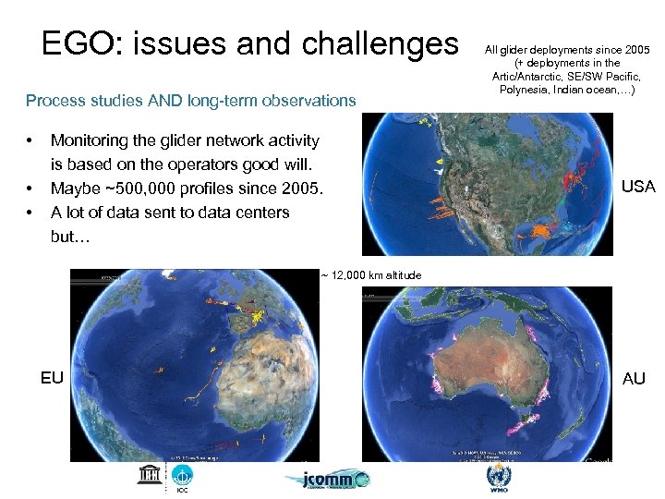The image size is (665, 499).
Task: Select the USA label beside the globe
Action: coord(638,187)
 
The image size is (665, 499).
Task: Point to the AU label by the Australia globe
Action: coord(635,379)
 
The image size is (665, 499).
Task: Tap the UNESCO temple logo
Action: coord(148,475)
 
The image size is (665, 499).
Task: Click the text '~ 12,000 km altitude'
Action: coord(370,275)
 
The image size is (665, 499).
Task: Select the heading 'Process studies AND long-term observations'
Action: coord(190,100)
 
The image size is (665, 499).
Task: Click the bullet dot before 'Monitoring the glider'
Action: coord(31,140)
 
